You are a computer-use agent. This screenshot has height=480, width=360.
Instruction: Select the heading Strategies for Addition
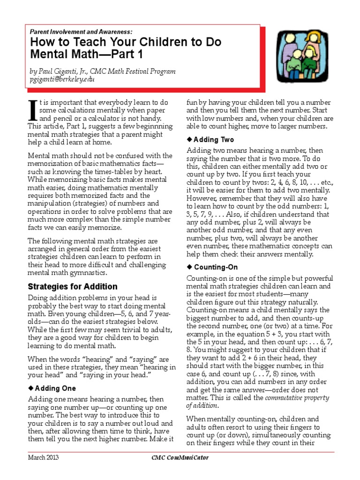(73, 286)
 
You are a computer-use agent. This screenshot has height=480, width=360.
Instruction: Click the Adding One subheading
(55, 389)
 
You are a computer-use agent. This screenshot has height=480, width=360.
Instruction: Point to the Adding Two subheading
(214, 140)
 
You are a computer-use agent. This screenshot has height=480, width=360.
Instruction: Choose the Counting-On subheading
(216, 267)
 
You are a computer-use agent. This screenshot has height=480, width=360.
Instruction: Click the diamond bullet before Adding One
(31, 389)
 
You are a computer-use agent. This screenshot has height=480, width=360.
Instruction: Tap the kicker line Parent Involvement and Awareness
(81, 31)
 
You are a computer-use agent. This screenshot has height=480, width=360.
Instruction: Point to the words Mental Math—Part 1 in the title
(85, 54)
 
